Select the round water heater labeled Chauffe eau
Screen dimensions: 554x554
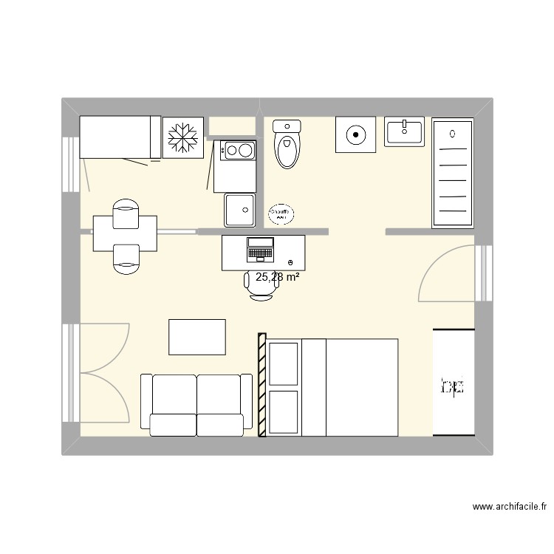280,213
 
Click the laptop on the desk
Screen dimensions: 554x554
260,249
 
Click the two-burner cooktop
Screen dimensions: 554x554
237,151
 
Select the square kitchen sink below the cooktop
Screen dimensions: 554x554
240,210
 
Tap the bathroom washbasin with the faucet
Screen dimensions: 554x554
405,131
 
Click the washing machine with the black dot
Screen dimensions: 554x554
355,134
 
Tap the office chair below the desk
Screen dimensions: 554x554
260,287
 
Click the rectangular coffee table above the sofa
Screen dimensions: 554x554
197,337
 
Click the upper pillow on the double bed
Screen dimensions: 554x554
284,363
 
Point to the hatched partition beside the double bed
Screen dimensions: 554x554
261,384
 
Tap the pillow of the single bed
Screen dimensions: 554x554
155,137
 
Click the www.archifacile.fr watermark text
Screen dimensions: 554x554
509,507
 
